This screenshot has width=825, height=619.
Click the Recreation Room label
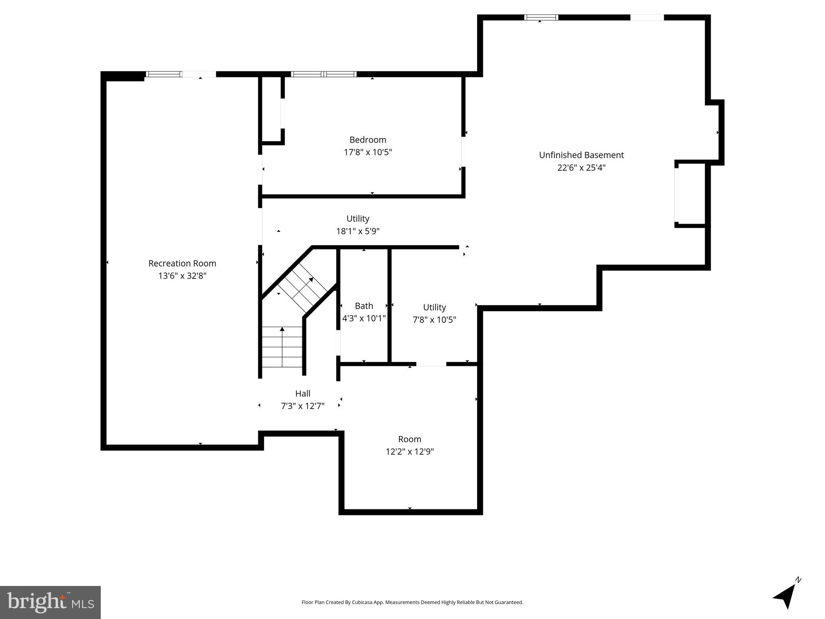point(182,264)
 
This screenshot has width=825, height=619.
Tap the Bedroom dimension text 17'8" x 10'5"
point(368,152)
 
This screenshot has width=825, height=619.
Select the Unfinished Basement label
point(581,155)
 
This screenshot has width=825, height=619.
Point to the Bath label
point(364,306)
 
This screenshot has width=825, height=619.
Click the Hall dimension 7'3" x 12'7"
point(303,406)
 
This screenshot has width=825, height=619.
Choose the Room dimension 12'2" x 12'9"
point(409,452)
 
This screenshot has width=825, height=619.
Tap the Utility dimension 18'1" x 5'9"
point(358,231)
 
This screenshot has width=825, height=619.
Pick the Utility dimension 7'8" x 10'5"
point(434,320)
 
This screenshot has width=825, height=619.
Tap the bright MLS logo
point(50,602)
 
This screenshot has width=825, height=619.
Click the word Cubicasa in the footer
point(361,602)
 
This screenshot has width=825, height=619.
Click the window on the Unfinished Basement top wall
point(541,17)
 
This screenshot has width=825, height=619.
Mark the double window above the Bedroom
point(324,74)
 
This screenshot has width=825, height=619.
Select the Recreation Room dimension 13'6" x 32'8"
point(182,276)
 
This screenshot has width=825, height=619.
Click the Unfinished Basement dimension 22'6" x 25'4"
point(581,168)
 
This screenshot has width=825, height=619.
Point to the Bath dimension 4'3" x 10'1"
point(364,319)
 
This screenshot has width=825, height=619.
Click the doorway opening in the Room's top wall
point(431,364)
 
